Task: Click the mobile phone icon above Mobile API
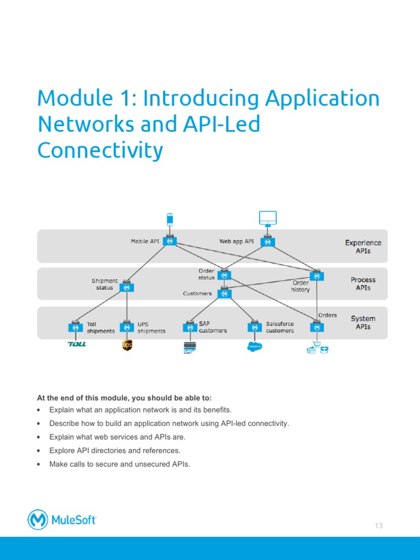(x=170, y=219)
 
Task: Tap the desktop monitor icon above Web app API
(x=267, y=219)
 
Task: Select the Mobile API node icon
(x=170, y=241)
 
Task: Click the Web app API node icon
(x=267, y=241)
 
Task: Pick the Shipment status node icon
(x=127, y=287)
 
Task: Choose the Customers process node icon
(x=224, y=294)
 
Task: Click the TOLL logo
(x=77, y=344)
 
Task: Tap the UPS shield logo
(x=127, y=345)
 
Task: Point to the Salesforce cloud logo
(x=255, y=346)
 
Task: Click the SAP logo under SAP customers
(x=190, y=347)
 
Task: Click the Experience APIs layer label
(x=363, y=247)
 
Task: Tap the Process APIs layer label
(x=363, y=284)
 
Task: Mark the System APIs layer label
(x=363, y=322)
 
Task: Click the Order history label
(x=300, y=286)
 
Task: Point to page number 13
(x=378, y=526)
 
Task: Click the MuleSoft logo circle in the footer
(x=38, y=520)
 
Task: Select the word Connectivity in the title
(x=100, y=150)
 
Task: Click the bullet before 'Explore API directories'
(x=38, y=451)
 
